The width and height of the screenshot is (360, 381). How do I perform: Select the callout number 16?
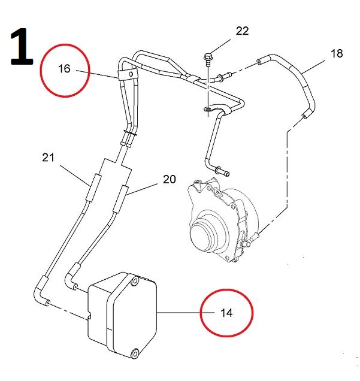pos(64,69)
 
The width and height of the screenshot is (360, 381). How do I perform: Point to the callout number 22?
pos(241,32)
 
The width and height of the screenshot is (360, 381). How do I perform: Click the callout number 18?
pos(337,54)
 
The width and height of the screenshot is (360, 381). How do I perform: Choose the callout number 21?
pos(49,158)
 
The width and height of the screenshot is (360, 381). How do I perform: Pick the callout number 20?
pos(170,179)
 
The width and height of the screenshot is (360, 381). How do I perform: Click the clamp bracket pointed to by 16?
pos(126,74)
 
